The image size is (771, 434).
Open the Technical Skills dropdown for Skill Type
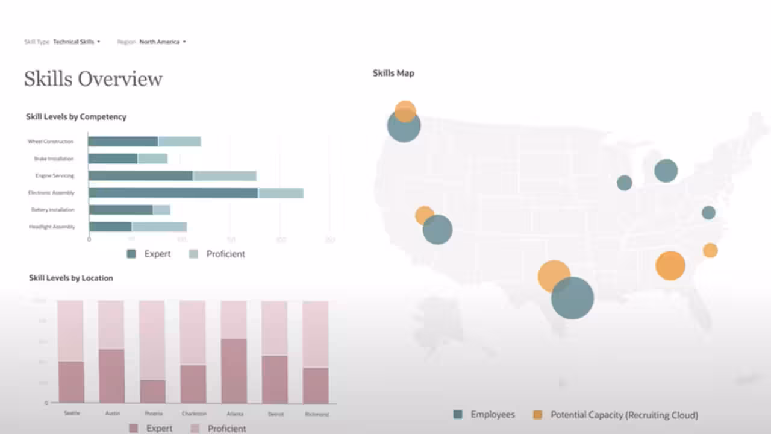pyautogui.click(x=76, y=42)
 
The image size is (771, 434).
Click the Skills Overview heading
pyautogui.click(x=93, y=79)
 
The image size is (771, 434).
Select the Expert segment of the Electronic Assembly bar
pyautogui.click(x=173, y=193)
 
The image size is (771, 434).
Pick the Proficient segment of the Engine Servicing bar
pyautogui.click(x=224, y=176)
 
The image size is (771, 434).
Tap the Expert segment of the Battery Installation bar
pyautogui.click(x=121, y=210)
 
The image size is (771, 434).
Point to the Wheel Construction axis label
pyautogui.click(x=51, y=142)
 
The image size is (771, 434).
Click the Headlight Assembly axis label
pyautogui.click(x=52, y=227)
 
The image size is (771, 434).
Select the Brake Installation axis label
pyautogui.click(x=54, y=159)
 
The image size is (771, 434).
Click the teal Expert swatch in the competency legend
pyautogui.click(x=131, y=254)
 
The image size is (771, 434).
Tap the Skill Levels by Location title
pyautogui.click(x=71, y=278)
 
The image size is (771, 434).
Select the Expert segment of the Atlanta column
pyautogui.click(x=234, y=370)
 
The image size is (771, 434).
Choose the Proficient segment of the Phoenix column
pyautogui.click(x=152, y=340)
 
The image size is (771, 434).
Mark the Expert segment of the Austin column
pyautogui.click(x=111, y=376)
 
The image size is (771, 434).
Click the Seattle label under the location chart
pyautogui.click(x=71, y=414)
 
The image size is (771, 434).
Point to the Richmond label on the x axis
pyautogui.click(x=316, y=414)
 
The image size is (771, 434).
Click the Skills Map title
pyautogui.click(x=393, y=73)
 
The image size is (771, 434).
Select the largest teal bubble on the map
pyautogui.click(x=572, y=298)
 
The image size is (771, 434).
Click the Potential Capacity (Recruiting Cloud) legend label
pyautogui.click(x=624, y=415)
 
